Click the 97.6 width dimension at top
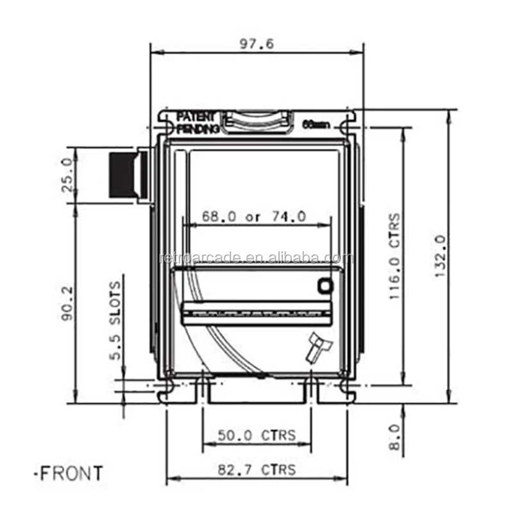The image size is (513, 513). (x=256, y=44)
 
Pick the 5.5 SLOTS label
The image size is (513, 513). (x=115, y=321)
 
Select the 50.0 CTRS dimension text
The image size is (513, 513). (x=256, y=435)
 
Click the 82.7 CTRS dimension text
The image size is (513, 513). (x=256, y=469)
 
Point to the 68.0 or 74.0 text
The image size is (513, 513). (x=254, y=217)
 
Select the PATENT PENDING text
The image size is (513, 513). (x=198, y=122)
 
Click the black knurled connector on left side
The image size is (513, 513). (x=122, y=176)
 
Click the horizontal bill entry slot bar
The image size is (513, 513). (x=257, y=314)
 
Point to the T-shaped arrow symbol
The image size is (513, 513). (x=318, y=346)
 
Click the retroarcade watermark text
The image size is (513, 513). (x=255, y=258)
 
